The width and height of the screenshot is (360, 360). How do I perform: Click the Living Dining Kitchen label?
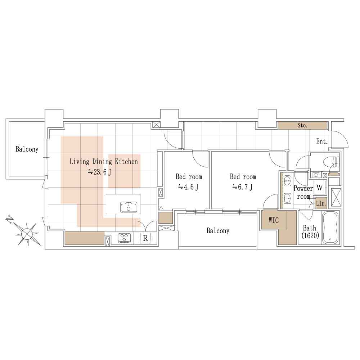pos(104,162)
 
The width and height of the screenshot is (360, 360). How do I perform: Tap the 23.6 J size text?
pos(99,172)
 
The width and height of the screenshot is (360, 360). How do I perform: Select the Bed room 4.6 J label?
pos(189,182)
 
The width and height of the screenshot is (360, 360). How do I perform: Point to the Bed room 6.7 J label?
pos(243,182)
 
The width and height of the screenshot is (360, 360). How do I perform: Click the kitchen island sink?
pos(129,207)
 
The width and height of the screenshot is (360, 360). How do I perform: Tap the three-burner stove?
pos(124,238)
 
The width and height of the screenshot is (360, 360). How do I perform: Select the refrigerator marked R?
pos(145,238)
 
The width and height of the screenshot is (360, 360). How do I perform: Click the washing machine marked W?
pos(319,187)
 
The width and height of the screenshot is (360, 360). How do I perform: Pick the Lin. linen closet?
pos(321,203)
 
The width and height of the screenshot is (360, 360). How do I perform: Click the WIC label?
pos(274,220)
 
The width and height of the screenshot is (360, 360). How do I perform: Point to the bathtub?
pos(330,228)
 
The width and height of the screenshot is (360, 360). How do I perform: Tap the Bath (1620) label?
pos(310,231)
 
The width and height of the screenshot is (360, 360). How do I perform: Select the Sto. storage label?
pos(302,125)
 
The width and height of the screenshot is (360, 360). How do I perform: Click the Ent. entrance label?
pos(322,141)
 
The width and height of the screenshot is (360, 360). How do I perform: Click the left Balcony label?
pos(27,149)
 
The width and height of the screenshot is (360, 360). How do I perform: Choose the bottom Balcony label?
pos(218,230)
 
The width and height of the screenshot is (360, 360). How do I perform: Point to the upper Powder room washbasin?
pos(287,181)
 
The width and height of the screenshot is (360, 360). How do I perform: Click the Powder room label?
pos(303,192)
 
